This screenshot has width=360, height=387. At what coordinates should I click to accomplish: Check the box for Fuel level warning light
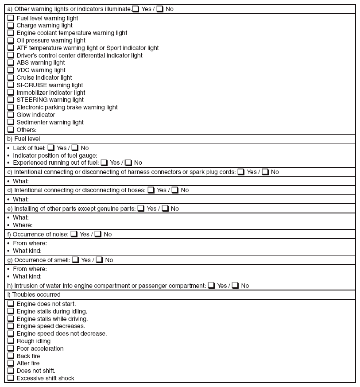[x=11, y=18]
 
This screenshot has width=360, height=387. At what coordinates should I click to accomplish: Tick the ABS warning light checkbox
[x=11, y=63]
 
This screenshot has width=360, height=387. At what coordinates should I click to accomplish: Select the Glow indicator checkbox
[x=11, y=115]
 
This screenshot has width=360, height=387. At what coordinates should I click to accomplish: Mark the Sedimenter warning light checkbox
[x=11, y=122]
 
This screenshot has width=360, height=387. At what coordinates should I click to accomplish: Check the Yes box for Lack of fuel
[x=51, y=148]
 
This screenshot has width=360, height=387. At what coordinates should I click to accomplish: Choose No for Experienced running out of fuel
[x=128, y=163]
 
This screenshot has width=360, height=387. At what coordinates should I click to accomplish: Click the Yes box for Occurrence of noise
[x=74, y=234]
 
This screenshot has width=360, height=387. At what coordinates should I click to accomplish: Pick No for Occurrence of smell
[x=99, y=260]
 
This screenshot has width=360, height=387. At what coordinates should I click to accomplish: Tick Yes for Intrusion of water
[x=211, y=286]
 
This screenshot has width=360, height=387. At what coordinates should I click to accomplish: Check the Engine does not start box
[x=11, y=304]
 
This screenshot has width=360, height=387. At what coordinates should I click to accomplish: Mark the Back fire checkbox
[x=11, y=356]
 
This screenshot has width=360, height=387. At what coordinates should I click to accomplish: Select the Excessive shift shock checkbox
[x=11, y=378]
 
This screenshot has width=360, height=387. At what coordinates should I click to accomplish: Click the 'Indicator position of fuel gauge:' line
[x=55, y=155]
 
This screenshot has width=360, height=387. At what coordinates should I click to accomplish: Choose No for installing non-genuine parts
[x=165, y=209]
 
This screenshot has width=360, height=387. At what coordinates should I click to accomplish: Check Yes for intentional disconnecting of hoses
[x=151, y=190]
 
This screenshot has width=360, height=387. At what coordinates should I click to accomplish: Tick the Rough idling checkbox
[x=11, y=341]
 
